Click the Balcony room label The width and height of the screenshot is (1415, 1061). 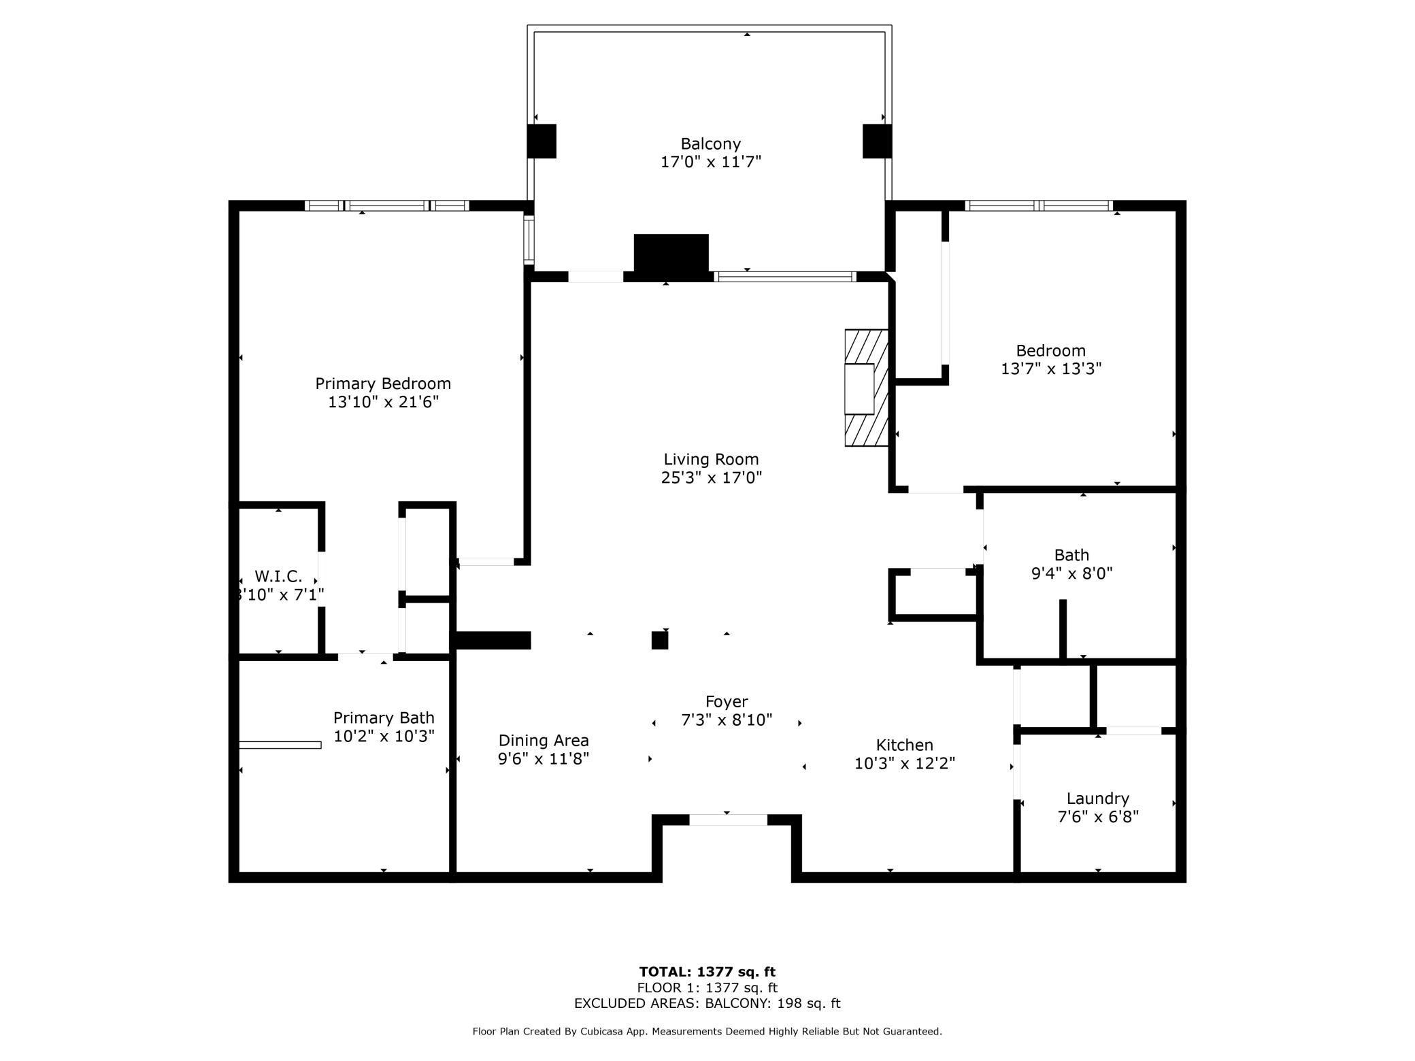point(710,144)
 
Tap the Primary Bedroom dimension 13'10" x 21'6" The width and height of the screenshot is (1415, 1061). point(383,402)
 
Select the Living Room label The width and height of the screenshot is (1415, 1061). point(711,459)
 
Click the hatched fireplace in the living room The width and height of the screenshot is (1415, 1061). point(866,388)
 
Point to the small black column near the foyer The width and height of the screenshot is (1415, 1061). point(659,640)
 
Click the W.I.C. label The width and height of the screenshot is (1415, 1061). point(278,577)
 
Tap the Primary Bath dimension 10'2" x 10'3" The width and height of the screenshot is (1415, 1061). point(384,736)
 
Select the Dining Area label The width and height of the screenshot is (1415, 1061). point(543,741)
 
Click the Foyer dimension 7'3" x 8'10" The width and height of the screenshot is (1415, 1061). point(727,720)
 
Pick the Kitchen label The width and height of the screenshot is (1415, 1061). point(904,745)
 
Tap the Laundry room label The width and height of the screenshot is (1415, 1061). point(1097,798)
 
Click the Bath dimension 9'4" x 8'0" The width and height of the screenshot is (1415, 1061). point(1071,573)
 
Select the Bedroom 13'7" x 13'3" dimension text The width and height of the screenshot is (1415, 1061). point(1050,369)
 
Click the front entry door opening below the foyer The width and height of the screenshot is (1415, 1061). point(728,820)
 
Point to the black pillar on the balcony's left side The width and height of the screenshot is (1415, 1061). point(542,141)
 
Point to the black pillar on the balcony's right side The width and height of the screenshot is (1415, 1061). point(877,141)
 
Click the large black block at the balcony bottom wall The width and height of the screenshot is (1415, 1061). point(671,254)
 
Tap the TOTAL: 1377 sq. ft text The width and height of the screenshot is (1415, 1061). point(707,972)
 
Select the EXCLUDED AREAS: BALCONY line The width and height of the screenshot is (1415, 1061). point(707,1003)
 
